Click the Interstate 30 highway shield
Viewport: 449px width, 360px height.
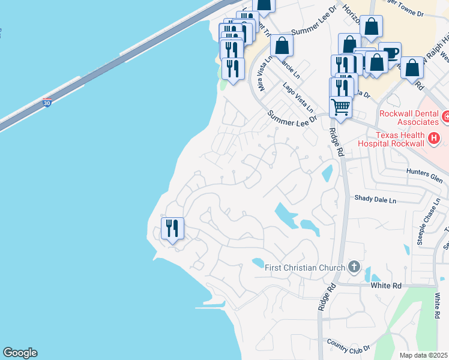47,103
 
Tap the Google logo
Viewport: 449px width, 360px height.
20,353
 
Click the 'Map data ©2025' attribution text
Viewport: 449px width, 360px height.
423,355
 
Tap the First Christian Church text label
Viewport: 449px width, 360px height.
305,268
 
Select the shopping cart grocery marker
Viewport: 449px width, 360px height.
340,107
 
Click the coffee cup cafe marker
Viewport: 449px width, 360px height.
390,53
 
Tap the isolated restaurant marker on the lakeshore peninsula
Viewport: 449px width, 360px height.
172,228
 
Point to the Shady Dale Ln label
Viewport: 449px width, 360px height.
375,199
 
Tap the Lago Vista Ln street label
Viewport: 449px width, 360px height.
298,98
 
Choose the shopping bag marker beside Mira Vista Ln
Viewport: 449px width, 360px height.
282,45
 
